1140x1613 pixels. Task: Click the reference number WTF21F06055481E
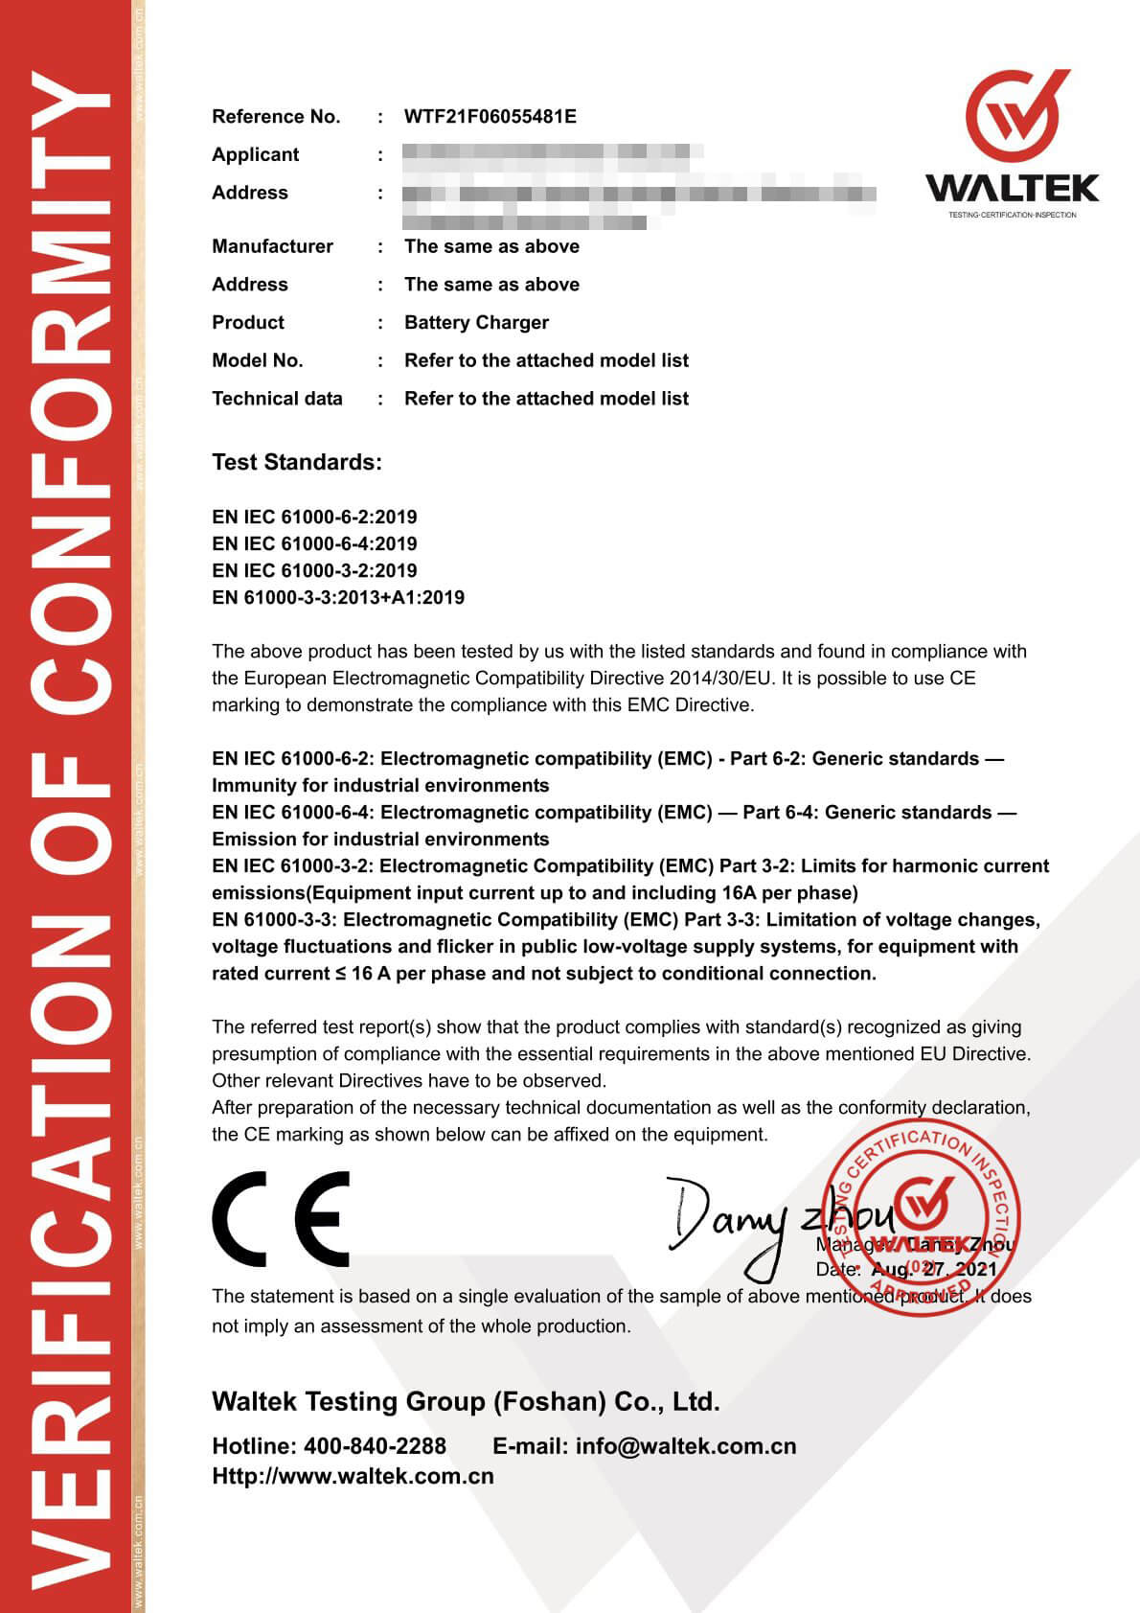(x=490, y=117)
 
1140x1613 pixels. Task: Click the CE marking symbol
(x=281, y=1218)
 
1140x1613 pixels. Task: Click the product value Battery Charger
(x=476, y=323)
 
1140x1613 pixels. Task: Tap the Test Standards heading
(x=296, y=463)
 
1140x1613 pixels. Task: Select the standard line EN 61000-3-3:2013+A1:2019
(x=338, y=598)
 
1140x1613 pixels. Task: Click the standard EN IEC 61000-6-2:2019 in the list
(x=314, y=518)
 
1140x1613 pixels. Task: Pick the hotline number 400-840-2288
(x=375, y=1446)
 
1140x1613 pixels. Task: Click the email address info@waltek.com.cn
(x=685, y=1446)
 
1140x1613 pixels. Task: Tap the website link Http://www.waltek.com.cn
(x=353, y=1477)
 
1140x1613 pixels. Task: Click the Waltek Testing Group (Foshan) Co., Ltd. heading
(x=466, y=1402)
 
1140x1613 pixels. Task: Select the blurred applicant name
(x=552, y=154)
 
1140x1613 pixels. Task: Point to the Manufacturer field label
(x=272, y=246)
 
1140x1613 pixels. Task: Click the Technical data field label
(x=277, y=399)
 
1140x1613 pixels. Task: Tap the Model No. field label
(x=257, y=360)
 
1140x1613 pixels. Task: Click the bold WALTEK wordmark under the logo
(x=1013, y=188)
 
